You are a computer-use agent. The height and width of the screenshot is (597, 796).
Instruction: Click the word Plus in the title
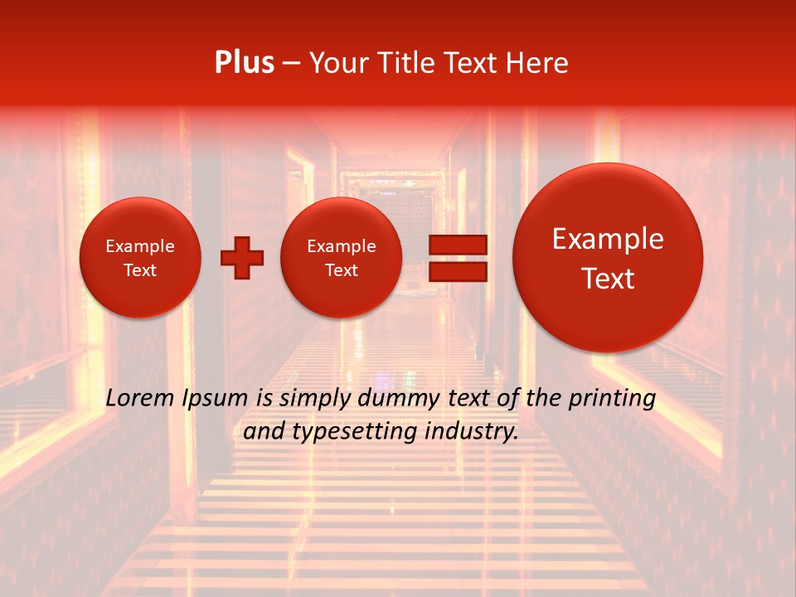click(x=244, y=63)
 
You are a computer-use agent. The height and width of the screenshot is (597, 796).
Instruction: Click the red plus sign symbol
click(x=242, y=258)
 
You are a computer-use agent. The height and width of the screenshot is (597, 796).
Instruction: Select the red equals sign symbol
click(x=458, y=258)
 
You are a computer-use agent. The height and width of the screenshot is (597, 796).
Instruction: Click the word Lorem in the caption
click(x=140, y=398)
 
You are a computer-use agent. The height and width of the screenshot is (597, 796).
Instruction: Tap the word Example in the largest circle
click(x=608, y=239)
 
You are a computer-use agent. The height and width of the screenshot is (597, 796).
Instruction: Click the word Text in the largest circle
click(x=608, y=279)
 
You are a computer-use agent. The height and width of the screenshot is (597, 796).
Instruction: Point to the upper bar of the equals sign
click(x=458, y=245)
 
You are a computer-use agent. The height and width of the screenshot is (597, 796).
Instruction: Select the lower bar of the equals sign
click(x=458, y=271)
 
